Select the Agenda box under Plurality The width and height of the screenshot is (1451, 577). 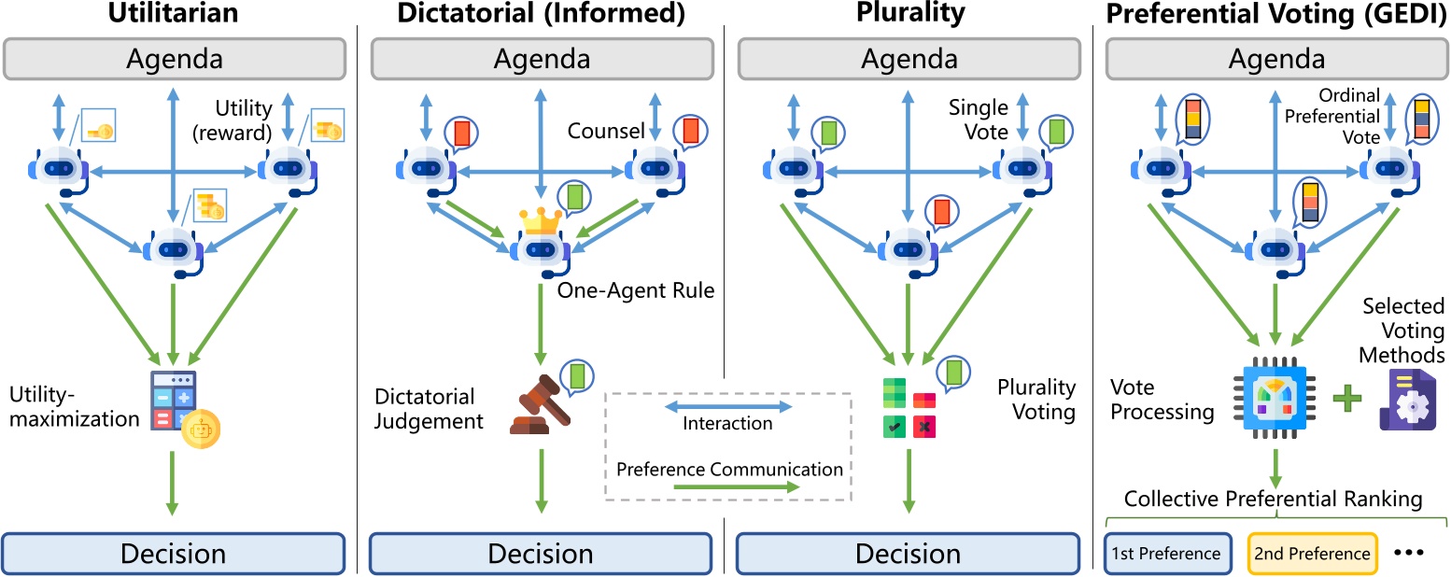[x=909, y=59]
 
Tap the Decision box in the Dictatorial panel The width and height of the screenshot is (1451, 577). [x=542, y=553]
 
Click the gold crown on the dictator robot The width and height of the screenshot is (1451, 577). [x=541, y=222]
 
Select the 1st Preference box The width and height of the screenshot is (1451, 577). [x=1165, y=553]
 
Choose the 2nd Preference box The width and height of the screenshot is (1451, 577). [x=1312, y=553]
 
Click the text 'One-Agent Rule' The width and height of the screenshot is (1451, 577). [x=635, y=290]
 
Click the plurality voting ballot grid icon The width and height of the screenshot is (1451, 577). [x=909, y=408]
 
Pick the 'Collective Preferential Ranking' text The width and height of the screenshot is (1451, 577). [x=1273, y=500]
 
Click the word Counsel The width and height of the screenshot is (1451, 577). [x=606, y=132]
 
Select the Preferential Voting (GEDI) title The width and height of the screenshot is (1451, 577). [x=1273, y=14]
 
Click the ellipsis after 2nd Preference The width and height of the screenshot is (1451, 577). [x=1408, y=553]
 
